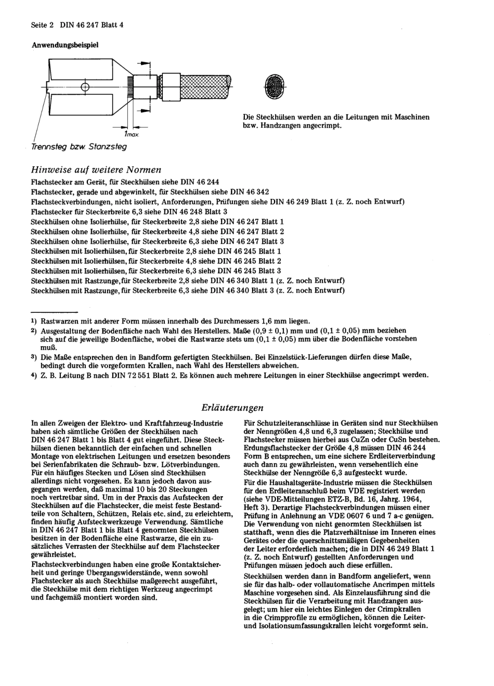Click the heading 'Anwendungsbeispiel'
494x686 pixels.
pyautogui.click(x=65, y=45)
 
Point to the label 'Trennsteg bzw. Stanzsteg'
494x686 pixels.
pyautogui.click(x=79, y=147)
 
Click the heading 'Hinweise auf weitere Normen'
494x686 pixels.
pyautogui.click(x=96, y=169)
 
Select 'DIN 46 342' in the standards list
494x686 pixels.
pyautogui.click(x=250, y=192)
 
